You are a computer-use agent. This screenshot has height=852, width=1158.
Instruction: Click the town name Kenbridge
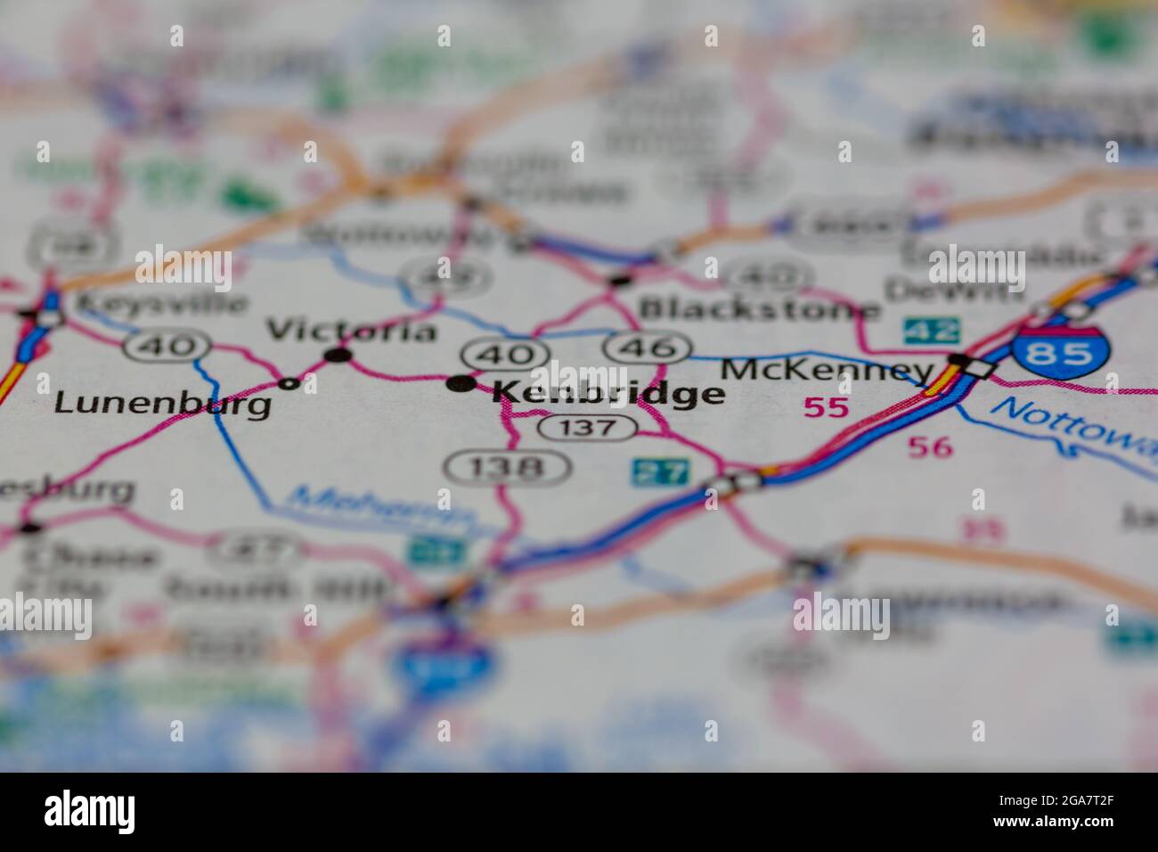(608, 393)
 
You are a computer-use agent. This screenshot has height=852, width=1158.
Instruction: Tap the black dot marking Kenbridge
(461, 384)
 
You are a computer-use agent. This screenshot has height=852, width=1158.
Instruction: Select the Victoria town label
(353, 331)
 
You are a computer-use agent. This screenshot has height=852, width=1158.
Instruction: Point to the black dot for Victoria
(338, 356)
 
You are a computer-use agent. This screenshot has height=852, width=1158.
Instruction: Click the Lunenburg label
(163, 404)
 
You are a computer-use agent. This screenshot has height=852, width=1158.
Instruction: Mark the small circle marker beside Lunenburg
(288, 384)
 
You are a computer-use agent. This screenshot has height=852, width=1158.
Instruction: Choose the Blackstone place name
(759, 309)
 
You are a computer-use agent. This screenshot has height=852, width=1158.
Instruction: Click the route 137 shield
(587, 428)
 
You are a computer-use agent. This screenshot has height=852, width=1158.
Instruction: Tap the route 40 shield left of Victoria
(167, 345)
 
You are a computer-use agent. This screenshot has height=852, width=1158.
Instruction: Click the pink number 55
(827, 408)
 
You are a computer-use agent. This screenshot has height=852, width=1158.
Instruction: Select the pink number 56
(932, 446)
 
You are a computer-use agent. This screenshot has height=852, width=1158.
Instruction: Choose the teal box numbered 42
(932, 331)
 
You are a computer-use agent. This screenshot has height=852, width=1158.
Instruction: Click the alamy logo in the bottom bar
(90, 811)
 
